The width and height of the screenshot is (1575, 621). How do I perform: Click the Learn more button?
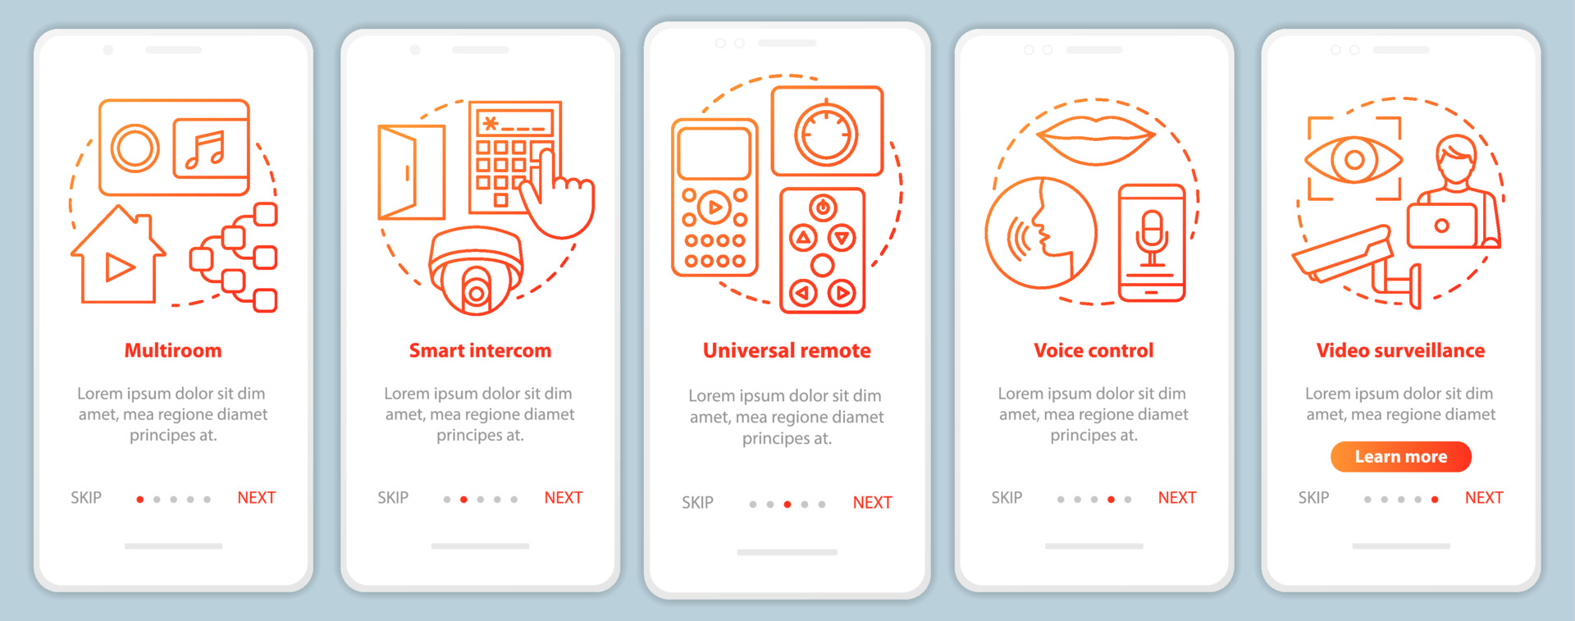1400,457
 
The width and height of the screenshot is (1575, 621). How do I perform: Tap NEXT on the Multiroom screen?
256,498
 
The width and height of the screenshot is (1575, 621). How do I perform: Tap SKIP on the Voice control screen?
1007,498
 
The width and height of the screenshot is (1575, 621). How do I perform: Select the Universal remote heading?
787,351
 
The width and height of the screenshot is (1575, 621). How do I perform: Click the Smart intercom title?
480,351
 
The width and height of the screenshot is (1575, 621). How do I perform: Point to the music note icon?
208,149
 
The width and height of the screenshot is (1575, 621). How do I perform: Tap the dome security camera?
476,271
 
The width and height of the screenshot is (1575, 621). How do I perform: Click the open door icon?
410,172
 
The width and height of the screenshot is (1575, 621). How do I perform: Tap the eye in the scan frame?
1354,158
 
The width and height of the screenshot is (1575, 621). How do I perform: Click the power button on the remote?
823,208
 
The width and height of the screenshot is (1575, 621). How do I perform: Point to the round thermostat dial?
826,133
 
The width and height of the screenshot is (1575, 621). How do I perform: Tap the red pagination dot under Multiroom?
140,500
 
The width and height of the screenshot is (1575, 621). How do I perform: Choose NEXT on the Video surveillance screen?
1483,498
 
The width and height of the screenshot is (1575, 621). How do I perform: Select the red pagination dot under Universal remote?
787,505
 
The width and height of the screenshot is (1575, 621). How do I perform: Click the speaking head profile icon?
1040,232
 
